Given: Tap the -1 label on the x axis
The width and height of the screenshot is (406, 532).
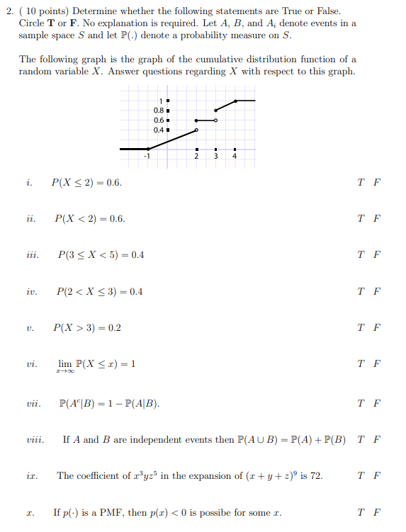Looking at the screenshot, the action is (x=147, y=156).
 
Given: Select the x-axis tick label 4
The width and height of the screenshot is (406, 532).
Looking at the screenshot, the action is (x=235, y=156).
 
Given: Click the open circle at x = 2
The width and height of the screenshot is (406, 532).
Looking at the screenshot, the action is (x=197, y=130).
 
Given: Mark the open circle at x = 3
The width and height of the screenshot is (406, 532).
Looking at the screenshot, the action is (x=216, y=120).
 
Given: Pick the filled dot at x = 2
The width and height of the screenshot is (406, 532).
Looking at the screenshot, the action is (x=197, y=120).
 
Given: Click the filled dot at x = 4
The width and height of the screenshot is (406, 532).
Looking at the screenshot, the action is (x=235, y=101).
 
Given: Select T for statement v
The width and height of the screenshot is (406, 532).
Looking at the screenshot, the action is (x=362, y=328).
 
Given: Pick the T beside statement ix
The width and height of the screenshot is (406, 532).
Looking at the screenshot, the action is (x=362, y=475).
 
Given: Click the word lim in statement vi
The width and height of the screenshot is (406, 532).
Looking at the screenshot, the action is (x=64, y=363).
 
